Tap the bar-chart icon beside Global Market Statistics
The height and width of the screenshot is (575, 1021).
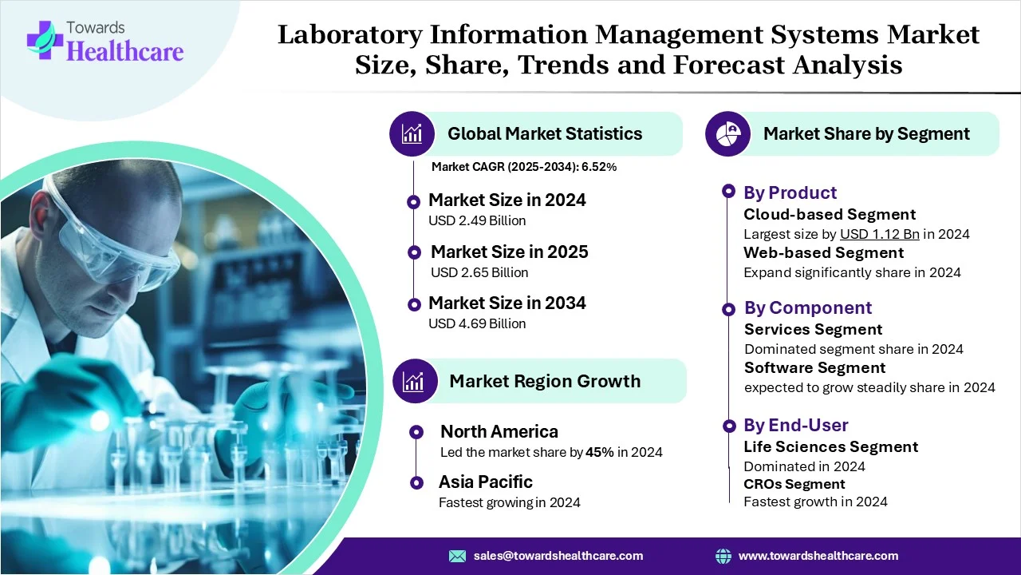click(x=412, y=133)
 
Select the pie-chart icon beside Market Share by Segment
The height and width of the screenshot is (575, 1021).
click(x=728, y=133)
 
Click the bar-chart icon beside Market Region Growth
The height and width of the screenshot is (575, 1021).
click(x=415, y=381)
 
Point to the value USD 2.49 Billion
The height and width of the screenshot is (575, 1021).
click(x=477, y=220)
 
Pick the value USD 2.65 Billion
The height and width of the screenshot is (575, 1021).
click(x=479, y=272)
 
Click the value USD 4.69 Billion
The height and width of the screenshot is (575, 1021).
click(x=477, y=323)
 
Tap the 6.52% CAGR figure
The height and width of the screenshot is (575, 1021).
click(x=600, y=167)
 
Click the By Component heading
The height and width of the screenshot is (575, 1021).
click(x=808, y=307)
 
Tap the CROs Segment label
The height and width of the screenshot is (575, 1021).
click(x=794, y=484)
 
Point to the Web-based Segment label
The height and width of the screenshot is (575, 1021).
click(x=823, y=252)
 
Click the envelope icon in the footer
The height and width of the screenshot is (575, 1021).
click(x=457, y=556)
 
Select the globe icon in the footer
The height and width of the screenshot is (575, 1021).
click(x=723, y=556)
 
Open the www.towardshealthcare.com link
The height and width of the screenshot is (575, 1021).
click(x=818, y=556)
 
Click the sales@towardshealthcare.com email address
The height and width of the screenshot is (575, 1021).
click(x=558, y=556)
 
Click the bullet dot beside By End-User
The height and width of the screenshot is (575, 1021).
click(x=728, y=425)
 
